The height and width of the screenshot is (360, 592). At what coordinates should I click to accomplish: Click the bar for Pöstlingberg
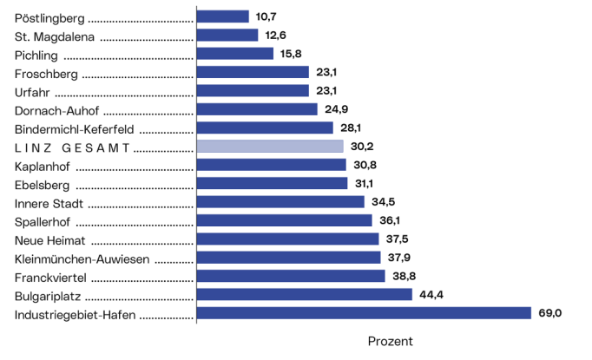pyautogui.click(x=223, y=16)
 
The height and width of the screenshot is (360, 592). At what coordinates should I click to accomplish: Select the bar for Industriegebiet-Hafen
pyautogui.click(x=364, y=313)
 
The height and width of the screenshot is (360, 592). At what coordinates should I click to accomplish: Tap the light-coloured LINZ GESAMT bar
pyautogui.click(x=270, y=147)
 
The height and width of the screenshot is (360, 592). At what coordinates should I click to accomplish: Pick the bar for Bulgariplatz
pyautogui.click(x=305, y=294)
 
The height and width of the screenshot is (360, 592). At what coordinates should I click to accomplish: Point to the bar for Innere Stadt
pyautogui.click(x=280, y=202)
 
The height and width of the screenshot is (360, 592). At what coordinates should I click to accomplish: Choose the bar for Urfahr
pyautogui.click(x=253, y=90)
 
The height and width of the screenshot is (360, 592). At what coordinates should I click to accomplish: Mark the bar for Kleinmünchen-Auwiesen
pyautogui.click(x=289, y=258)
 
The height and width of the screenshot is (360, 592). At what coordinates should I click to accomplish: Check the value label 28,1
pyautogui.click(x=352, y=128)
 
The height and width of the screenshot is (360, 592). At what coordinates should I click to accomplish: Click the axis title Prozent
pyautogui.click(x=391, y=342)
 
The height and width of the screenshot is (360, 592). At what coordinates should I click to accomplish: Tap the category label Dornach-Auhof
pyautogui.click(x=57, y=109)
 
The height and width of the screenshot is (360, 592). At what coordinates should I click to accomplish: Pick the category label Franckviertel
pyautogui.click(x=52, y=277)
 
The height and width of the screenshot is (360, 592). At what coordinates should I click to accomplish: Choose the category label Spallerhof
pyautogui.click(x=44, y=221)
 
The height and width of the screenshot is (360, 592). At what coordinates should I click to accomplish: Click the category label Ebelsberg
pyautogui.click(x=43, y=184)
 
